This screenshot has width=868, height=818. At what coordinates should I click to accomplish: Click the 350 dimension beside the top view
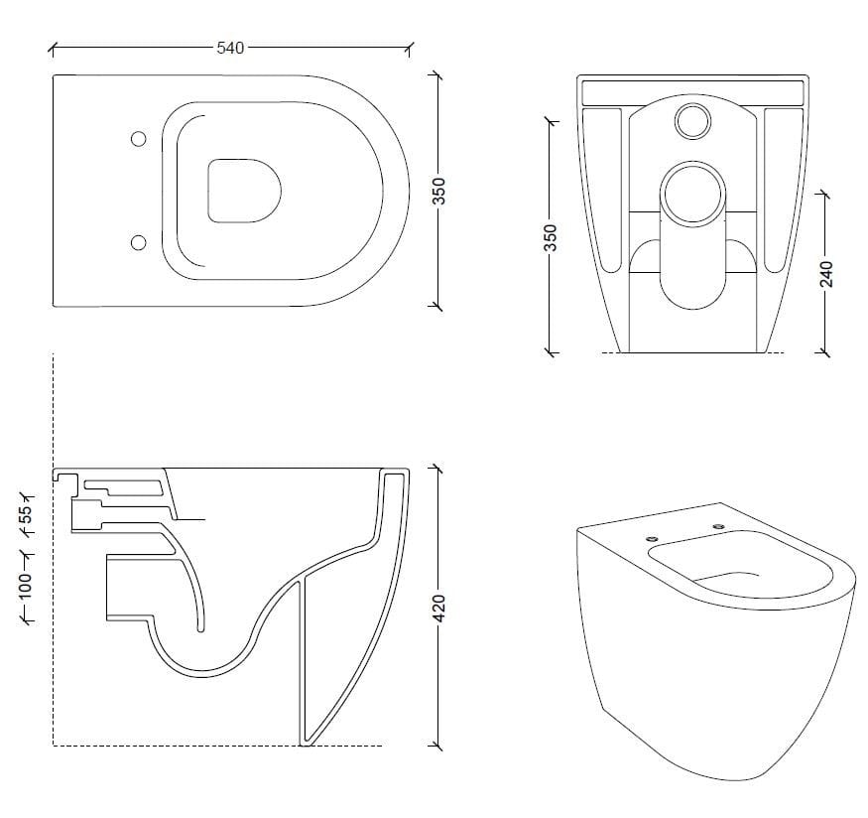click(x=441, y=191)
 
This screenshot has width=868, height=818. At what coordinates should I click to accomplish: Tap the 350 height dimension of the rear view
click(x=552, y=237)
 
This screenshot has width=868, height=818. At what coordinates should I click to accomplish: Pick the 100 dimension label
click(x=28, y=584)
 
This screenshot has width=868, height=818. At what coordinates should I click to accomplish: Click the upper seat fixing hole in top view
click(x=138, y=140)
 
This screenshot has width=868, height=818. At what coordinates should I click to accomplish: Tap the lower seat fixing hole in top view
click(x=138, y=241)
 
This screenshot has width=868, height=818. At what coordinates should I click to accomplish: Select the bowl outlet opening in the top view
click(x=244, y=190)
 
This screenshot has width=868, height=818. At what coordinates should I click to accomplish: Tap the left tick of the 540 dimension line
click(x=53, y=47)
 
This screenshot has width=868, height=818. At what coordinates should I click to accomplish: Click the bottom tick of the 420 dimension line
click(x=436, y=746)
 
